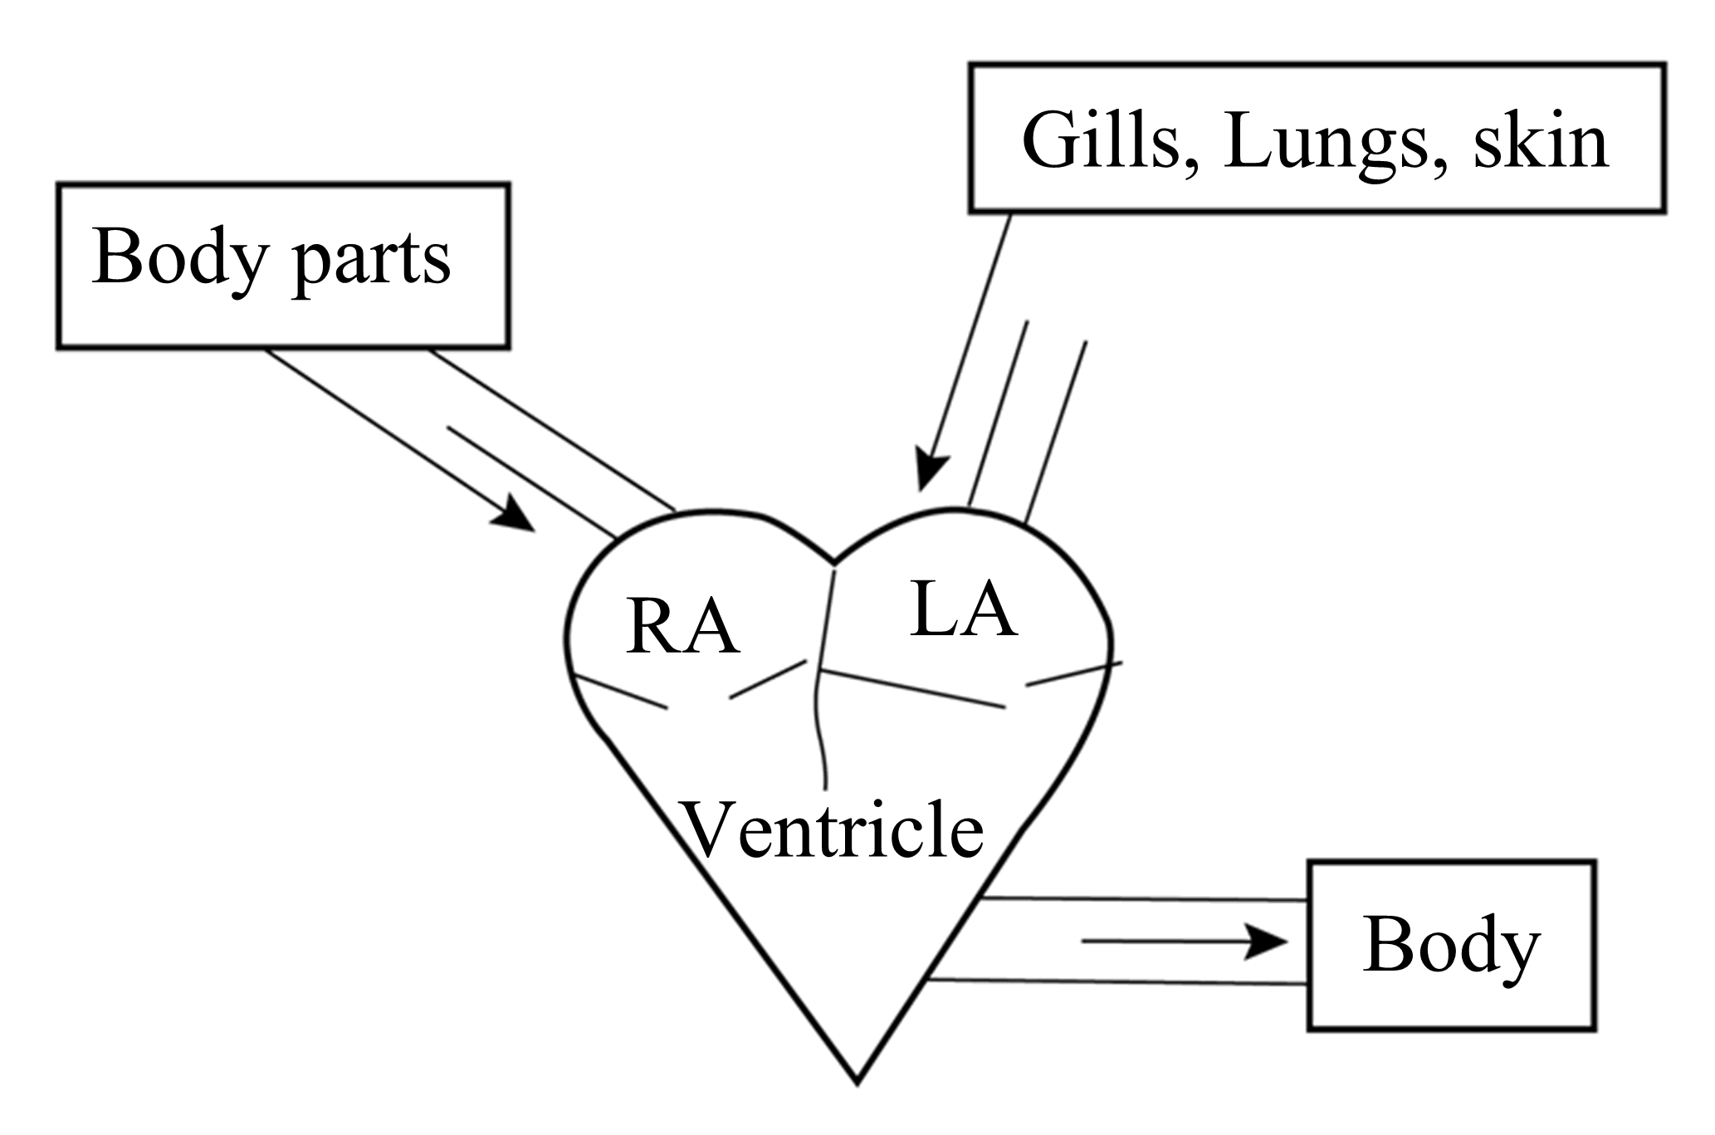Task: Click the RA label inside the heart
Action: point(682,629)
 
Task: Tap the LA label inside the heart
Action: point(963,610)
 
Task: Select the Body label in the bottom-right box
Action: point(1451,947)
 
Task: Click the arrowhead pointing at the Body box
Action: point(1268,942)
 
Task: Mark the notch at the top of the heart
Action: point(833,560)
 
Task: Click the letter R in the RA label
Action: point(652,629)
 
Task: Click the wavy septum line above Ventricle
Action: point(819,714)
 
